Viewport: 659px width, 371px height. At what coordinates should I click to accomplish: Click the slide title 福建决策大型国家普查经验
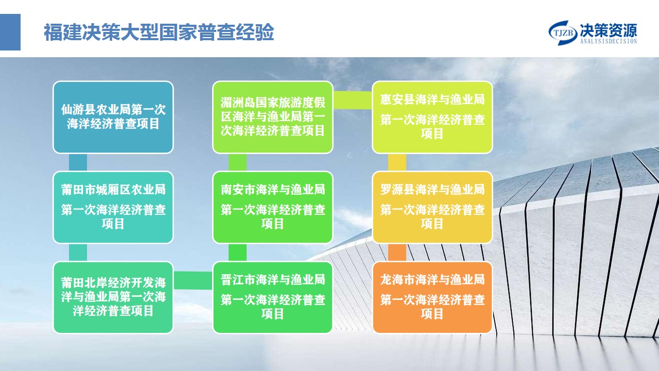(x=159, y=32)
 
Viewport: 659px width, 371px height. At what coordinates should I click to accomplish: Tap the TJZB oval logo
(x=563, y=32)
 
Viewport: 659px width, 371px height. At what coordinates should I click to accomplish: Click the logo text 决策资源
(x=609, y=30)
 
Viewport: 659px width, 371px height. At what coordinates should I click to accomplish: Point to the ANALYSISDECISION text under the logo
(x=609, y=41)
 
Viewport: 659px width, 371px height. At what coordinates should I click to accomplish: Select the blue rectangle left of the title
(x=10, y=32)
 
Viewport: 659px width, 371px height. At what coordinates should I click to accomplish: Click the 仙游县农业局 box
(x=113, y=117)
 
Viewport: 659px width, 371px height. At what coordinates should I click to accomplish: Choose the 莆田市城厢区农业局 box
(x=113, y=207)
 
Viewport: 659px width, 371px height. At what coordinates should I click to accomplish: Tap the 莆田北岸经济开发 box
(x=113, y=297)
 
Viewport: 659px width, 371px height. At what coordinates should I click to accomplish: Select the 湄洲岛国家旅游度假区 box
(x=273, y=117)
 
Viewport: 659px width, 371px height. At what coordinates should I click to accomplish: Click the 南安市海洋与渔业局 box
(x=273, y=207)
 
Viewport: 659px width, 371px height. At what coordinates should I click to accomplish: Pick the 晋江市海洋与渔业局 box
(x=273, y=297)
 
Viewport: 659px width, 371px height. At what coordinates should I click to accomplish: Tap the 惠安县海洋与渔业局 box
(x=432, y=117)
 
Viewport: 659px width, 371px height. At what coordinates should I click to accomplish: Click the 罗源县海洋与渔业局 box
(x=432, y=207)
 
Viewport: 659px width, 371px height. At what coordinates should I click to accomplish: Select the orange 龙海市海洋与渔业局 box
(x=432, y=297)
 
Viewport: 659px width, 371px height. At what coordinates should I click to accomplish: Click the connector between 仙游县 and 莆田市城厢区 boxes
(x=78, y=162)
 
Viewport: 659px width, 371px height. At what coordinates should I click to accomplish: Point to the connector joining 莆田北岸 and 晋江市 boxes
(x=193, y=280)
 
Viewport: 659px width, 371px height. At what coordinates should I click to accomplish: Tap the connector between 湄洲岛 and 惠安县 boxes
(x=353, y=100)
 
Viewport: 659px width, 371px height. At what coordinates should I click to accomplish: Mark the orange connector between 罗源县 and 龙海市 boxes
(x=397, y=252)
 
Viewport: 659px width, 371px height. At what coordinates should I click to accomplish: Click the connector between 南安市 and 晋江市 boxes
(x=237, y=252)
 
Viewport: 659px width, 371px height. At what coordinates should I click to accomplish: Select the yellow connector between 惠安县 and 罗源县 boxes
(x=397, y=162)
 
